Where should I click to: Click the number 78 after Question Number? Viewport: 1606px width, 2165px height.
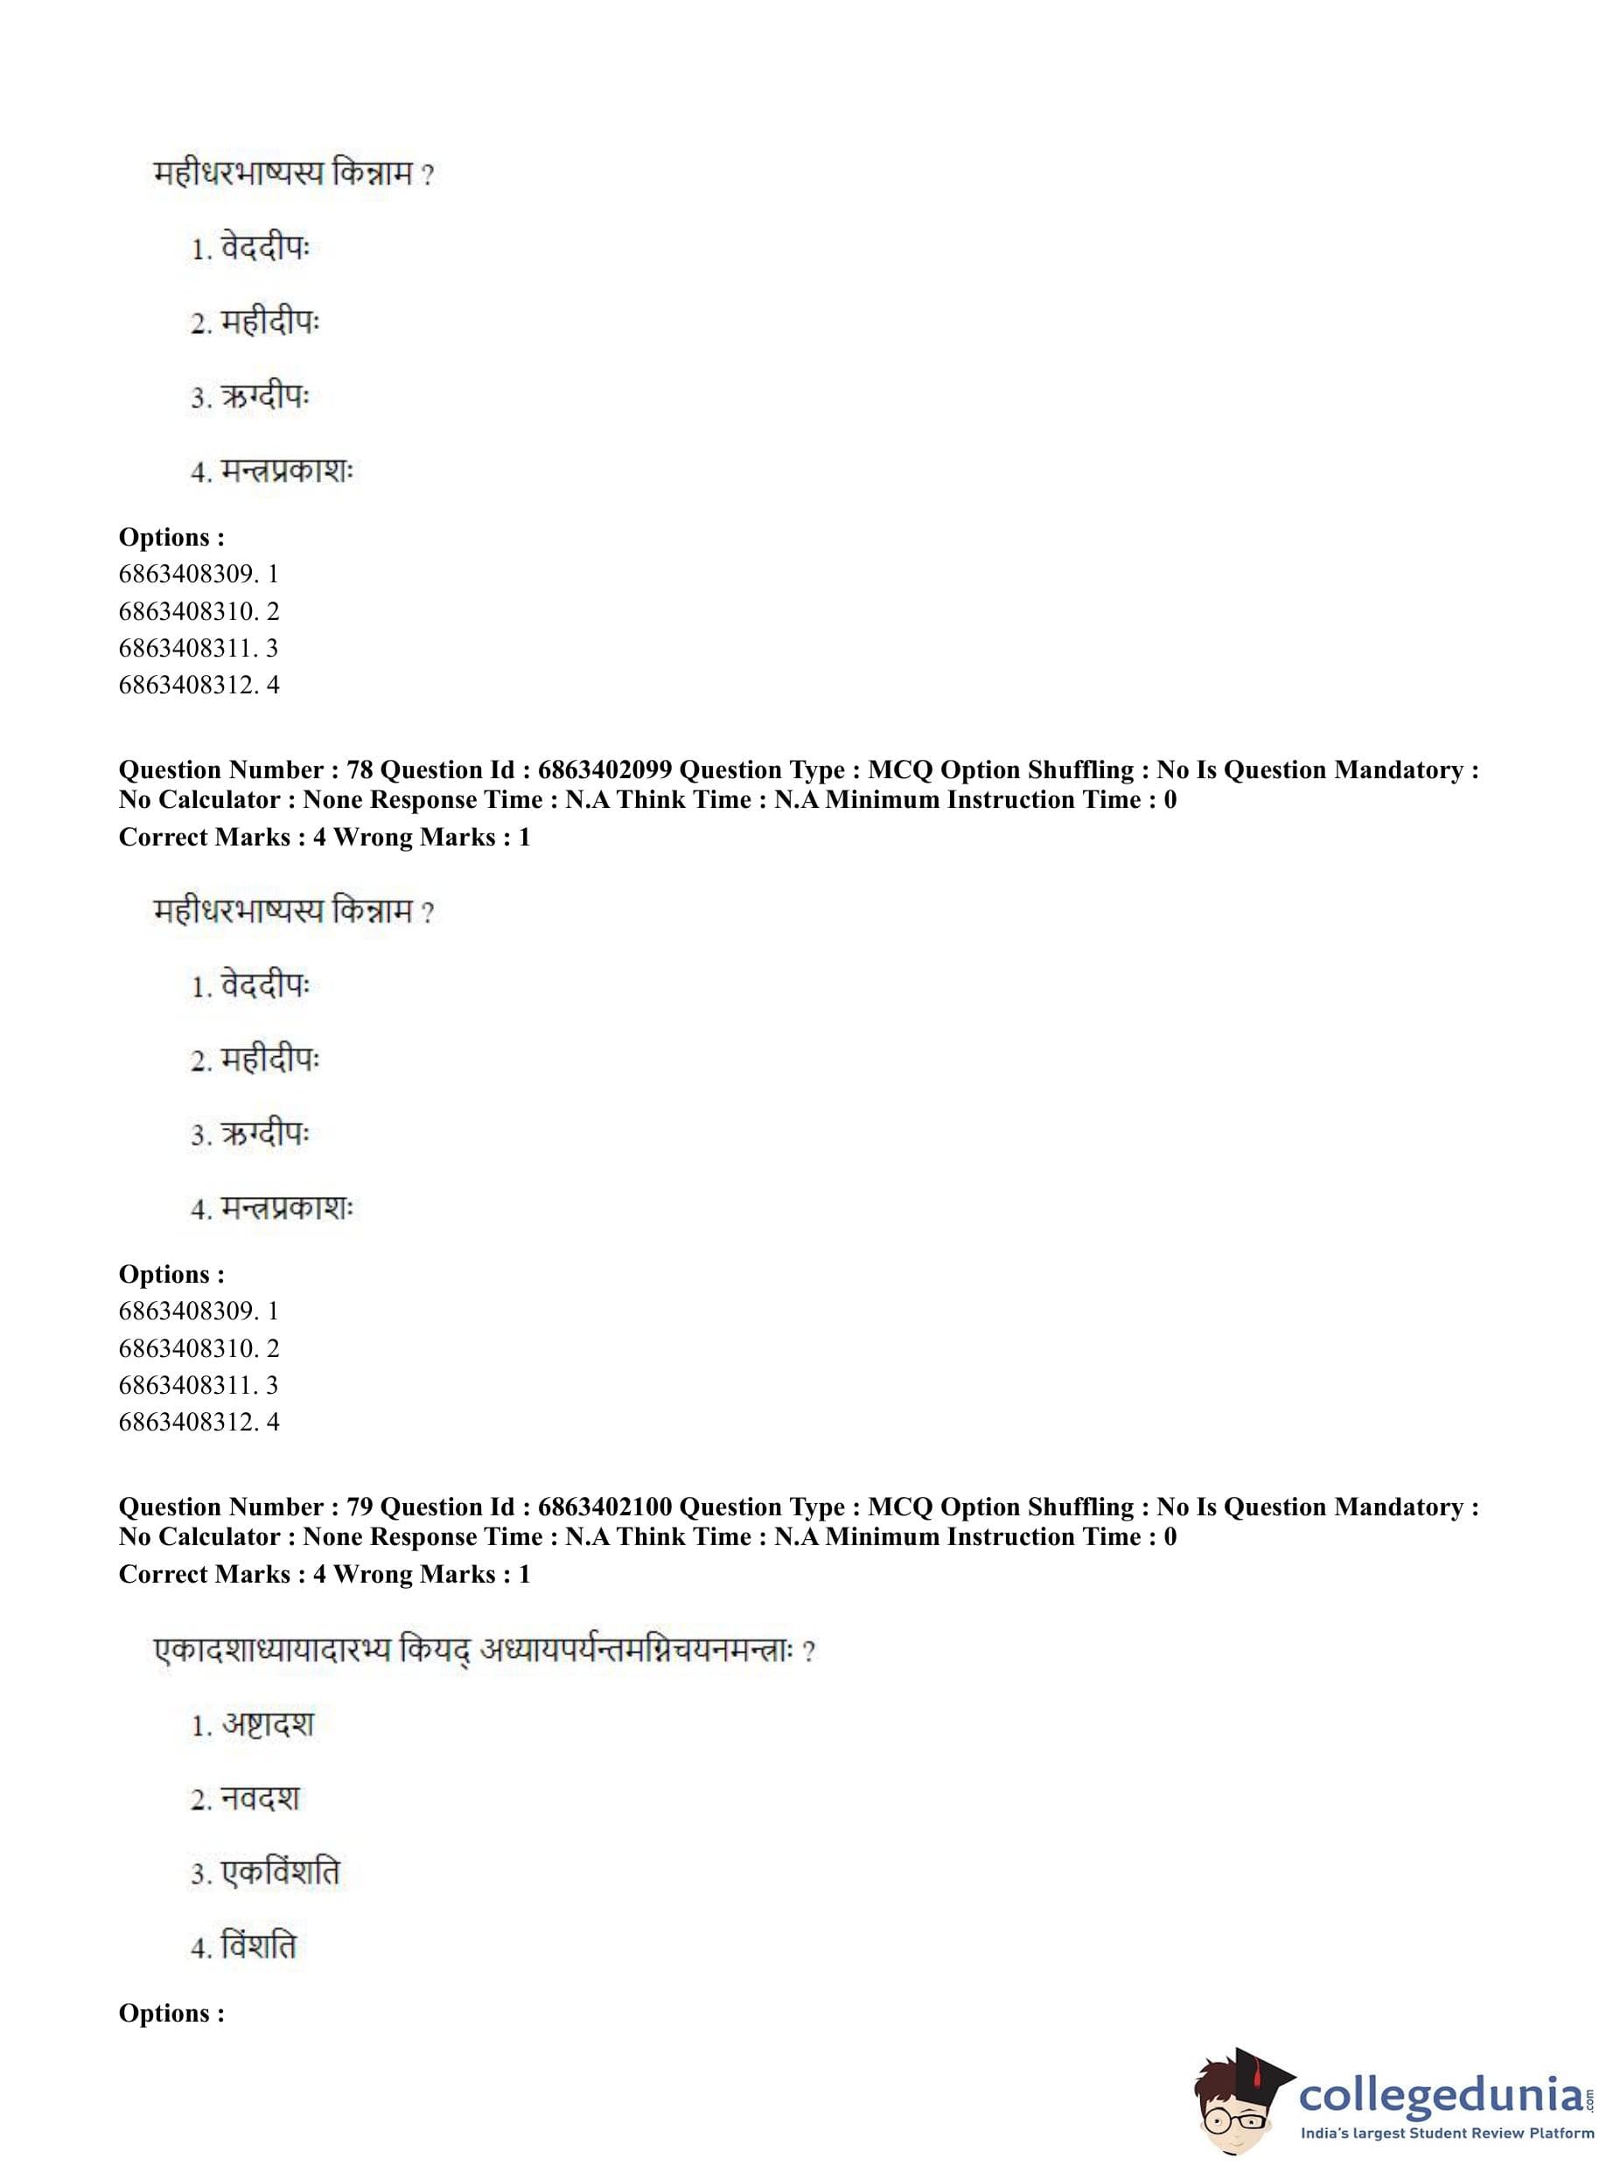tap(360, 769)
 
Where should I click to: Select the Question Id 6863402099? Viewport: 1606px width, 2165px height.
tap(604, 769)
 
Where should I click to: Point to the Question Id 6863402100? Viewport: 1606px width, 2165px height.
tap(604, 1507)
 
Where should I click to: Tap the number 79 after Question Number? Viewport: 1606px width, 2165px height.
tap(360, 1507)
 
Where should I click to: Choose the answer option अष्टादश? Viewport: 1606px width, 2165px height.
tap(268, 1725)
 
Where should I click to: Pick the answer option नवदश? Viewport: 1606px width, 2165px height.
tap(261, 1799)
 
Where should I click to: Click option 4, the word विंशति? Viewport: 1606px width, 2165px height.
tap(259, 1946)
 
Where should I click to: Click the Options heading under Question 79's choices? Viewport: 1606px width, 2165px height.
tap(171, 2014)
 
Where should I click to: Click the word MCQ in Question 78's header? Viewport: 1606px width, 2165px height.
tap(900, 769)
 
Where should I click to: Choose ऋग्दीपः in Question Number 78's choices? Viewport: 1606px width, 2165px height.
tap(264, 1135)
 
